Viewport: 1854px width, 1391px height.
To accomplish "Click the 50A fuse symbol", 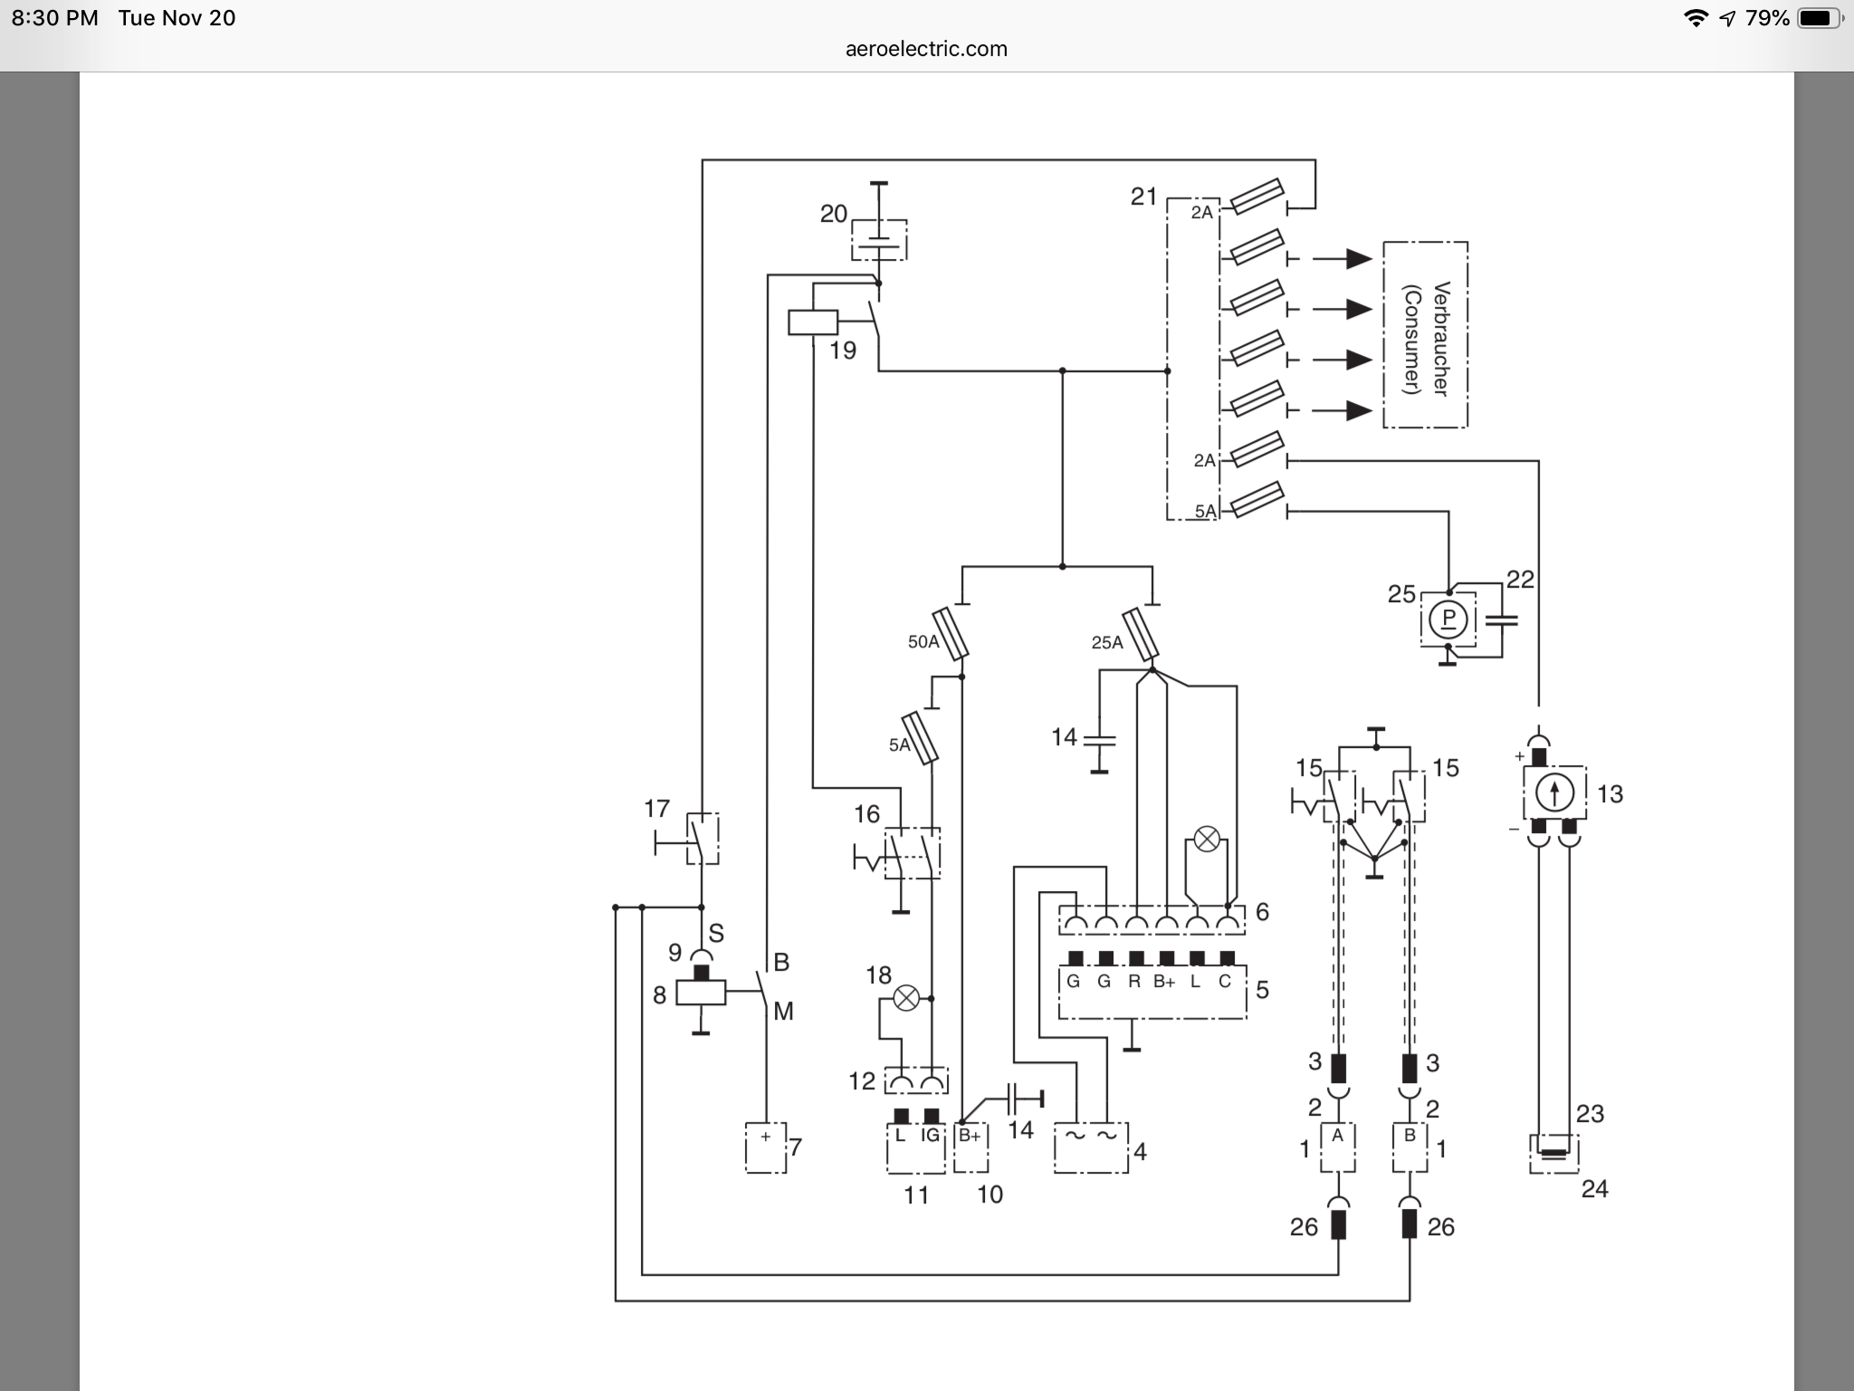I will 951,633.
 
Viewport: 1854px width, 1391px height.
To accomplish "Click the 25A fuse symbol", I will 1141,635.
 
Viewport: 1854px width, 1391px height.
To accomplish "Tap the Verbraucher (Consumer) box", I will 1425,335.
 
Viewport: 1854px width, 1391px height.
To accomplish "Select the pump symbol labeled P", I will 1448,619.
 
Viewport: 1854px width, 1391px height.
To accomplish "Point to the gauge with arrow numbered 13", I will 1554,793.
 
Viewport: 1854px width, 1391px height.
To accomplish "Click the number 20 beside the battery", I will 834,214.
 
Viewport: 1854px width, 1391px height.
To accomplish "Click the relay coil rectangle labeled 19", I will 812,322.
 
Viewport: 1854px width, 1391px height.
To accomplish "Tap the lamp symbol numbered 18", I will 906,999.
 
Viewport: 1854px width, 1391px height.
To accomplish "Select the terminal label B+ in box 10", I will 970,1136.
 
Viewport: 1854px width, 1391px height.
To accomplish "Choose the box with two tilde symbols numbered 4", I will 1091,1148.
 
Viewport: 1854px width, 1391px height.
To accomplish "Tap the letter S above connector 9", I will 716,933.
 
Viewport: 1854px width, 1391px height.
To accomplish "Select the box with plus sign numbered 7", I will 766,1147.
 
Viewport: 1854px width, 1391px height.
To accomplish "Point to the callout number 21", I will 1144,197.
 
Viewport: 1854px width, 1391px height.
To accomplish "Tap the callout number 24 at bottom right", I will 1594,1188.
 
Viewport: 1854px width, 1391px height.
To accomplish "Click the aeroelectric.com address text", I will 926,49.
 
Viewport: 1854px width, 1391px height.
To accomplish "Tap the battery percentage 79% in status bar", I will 1765,18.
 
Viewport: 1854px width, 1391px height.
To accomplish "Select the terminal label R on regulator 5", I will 1133,982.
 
